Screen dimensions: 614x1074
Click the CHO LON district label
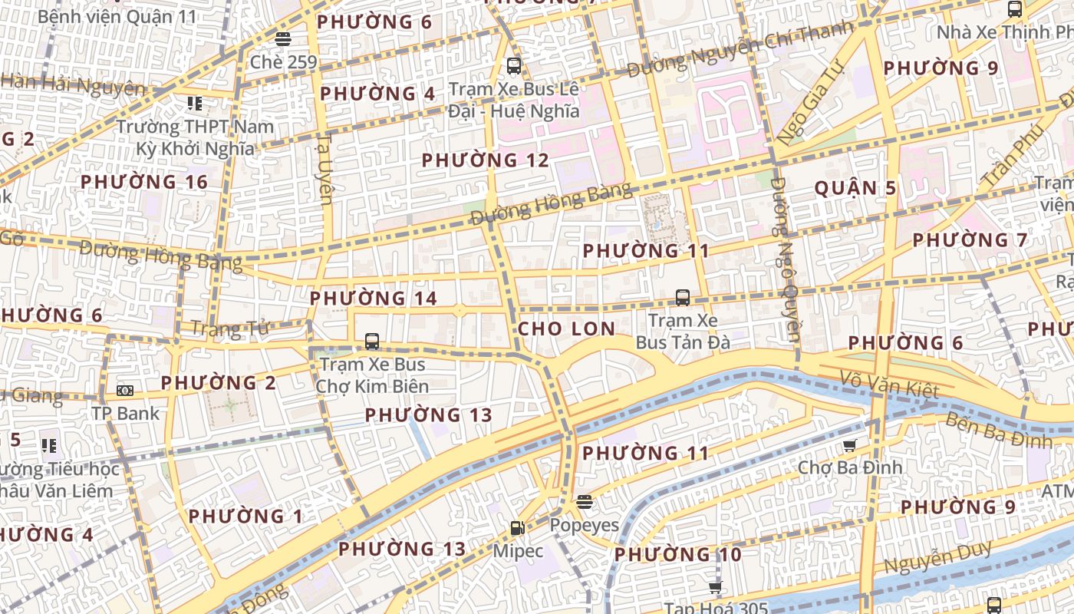pos(566,329)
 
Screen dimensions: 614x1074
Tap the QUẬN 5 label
pos(855,188)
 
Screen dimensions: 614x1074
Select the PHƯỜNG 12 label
pos(486,160)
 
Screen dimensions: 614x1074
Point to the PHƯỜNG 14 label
pos(373,299)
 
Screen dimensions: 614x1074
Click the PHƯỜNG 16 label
pos(144,182)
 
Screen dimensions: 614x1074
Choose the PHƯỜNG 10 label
pos(677,554)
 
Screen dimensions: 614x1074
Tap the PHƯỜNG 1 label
pos(245,517)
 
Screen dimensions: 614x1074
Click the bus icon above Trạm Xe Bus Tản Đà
pos(682,298)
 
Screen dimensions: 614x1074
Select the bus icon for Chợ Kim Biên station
pos(372,342)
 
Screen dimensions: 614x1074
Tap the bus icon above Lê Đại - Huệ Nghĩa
pos(514,66)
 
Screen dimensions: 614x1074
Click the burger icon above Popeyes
pos(585,502)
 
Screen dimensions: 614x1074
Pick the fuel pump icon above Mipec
pos(518,528)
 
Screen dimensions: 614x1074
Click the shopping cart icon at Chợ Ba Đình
pos(849,445)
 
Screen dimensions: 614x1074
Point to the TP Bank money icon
pos(125,391)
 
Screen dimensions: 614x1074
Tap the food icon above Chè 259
pos(283,39)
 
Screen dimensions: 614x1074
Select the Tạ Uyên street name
pos(325,170)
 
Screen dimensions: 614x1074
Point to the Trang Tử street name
pos(229,328)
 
